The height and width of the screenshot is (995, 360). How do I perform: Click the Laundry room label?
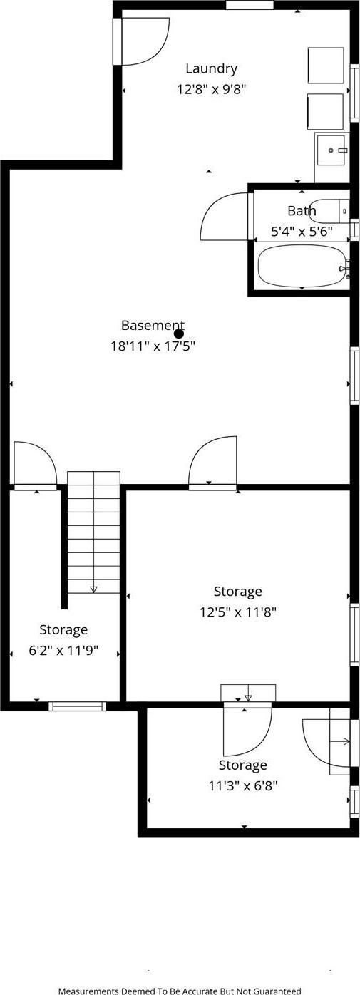pos(211,68)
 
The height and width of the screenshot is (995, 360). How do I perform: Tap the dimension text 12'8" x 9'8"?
pos(212,90)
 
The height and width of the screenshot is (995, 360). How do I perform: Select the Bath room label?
pos(302,211)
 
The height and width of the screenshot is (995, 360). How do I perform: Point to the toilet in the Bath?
pos(329,211)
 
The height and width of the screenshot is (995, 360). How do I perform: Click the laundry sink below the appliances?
pos(330,150)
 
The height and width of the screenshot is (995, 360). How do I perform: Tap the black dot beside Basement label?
pos(179,334)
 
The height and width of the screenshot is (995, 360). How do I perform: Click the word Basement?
pos(152,326)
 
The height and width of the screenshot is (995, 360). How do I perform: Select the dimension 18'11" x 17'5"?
pos(153,346)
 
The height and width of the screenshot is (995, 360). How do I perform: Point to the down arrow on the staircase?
pos(93,588)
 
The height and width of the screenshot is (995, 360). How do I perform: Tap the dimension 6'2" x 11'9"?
pos(63,650)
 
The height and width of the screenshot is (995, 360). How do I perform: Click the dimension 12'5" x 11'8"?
pos(238,612)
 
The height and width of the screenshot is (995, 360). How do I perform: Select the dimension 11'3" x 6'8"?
pos(242,785)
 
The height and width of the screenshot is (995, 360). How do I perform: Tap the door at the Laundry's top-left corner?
pos(141,41)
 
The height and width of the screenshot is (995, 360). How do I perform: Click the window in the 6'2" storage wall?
pos(77,706)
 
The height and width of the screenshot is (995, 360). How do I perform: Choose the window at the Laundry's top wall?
pos(250,6)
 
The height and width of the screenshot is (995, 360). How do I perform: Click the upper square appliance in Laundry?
pos(325,66)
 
